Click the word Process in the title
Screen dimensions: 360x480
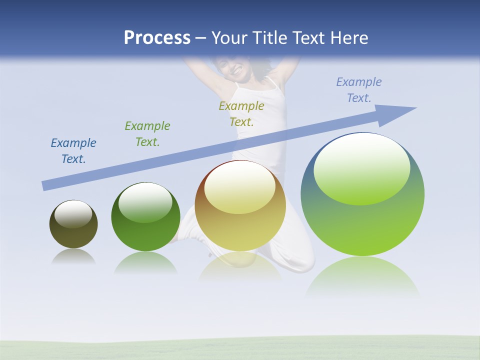157,38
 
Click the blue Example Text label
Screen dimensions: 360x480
73,150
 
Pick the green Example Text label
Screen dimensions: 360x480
147,133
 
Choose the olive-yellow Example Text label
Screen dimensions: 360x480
241,113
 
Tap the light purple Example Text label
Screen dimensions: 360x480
358,90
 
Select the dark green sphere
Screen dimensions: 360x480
145,235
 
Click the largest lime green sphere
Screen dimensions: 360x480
362,225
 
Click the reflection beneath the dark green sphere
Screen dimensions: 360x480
145,262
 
